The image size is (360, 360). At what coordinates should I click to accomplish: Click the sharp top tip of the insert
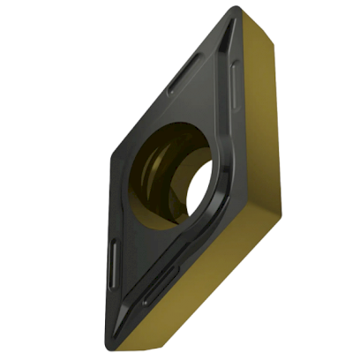tap(234, 11)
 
